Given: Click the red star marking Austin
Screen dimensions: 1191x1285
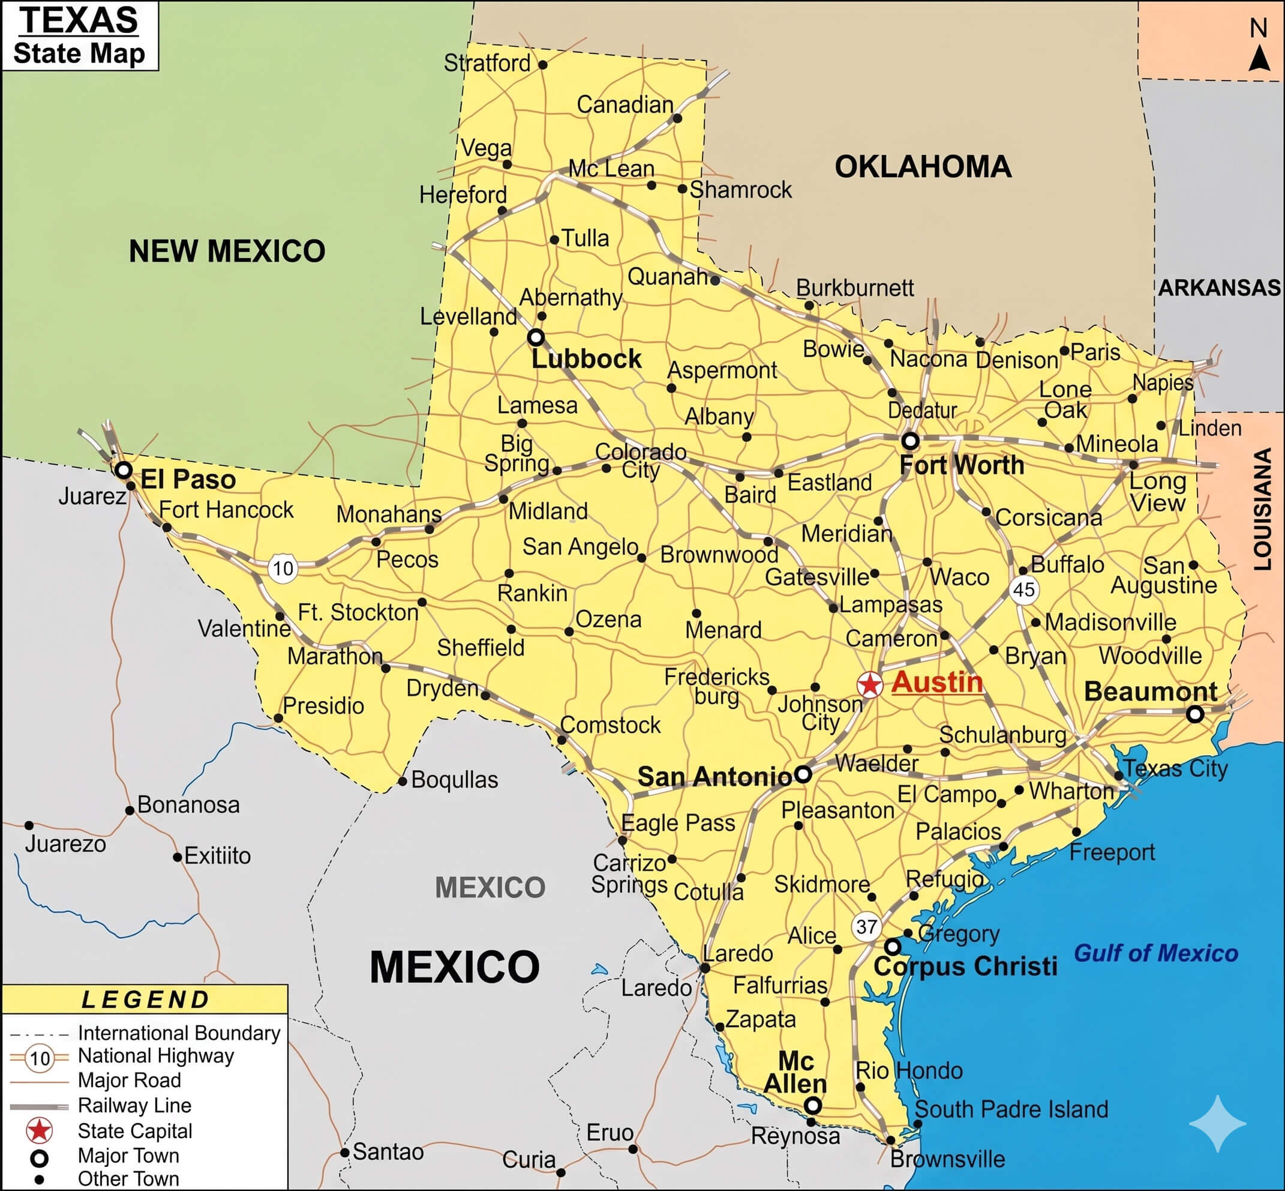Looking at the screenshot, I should click(869, 684).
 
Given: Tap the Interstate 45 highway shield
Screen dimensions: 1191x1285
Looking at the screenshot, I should click(1023, 589).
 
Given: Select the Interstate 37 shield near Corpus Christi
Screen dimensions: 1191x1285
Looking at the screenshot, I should click(866, 927).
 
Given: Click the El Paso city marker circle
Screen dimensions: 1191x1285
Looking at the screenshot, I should click(123, 470).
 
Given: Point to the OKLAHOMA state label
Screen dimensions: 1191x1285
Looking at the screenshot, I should click(923, 167).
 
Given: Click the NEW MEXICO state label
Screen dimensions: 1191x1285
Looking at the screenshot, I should click(227, 252).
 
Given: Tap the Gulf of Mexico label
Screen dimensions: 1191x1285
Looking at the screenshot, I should click(1155, 953).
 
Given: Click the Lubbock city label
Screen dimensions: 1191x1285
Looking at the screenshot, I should click(586, 359).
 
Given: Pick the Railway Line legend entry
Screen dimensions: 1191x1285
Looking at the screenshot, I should click(134, 1105).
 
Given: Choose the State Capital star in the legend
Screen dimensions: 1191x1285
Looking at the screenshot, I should click(39, 1130).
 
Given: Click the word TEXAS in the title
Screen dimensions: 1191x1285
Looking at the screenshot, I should click(79, 20).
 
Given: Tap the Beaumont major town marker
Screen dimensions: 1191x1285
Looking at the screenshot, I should click(1195, 714).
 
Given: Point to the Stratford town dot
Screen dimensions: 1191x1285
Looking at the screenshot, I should click(543, 65).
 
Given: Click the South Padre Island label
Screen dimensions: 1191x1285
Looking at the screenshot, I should click(1011, 1109).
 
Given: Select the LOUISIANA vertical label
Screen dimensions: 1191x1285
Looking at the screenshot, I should click(1263, 509).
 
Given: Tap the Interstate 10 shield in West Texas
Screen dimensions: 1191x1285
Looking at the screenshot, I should click(283, 568).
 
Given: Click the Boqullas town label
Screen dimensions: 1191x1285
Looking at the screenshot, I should click(454, 780).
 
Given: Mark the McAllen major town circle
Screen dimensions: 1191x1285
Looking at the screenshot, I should click(813, 1106).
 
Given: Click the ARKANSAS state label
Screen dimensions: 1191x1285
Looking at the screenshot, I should click(1219, 288).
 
